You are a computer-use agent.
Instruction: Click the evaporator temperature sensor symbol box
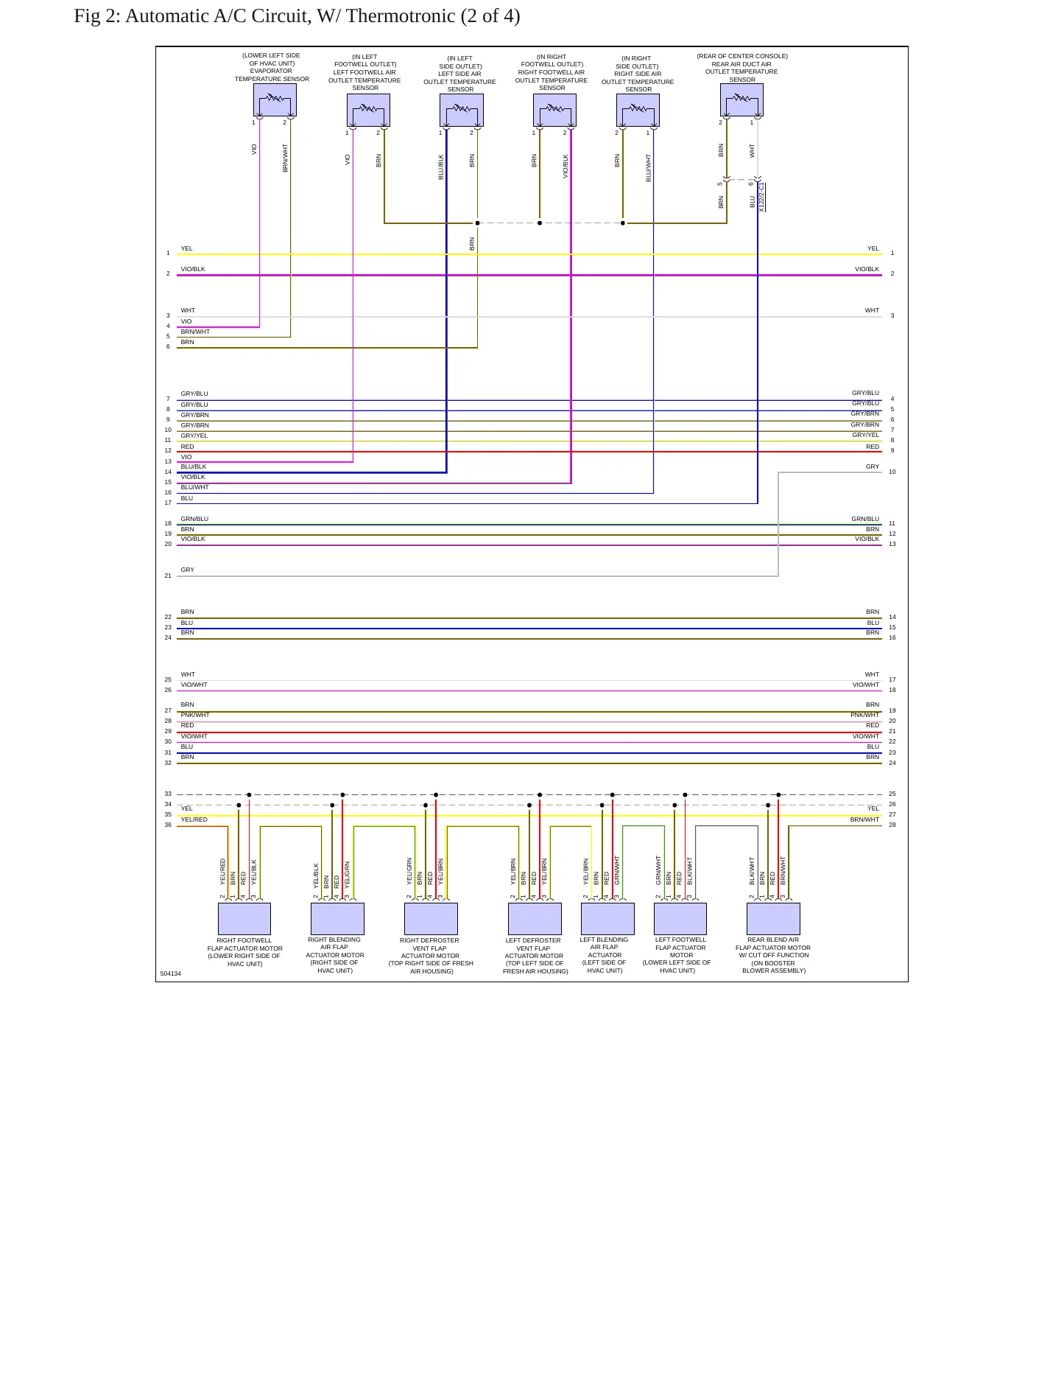(x=275, y=99)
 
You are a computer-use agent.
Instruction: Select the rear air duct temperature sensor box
(x=741, y=99)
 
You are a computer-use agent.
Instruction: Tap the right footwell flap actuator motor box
(x=244, y=919)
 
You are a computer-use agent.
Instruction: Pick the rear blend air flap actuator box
(x=773, y=919)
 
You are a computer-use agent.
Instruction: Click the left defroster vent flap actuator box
(x=535, y=919)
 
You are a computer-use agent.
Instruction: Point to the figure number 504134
(x=171, y=973)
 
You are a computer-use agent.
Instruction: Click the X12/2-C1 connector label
(x=761, y=197)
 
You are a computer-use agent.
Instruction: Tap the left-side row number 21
(x=168, y=576)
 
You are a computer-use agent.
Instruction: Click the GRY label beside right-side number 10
(x=873, y=466)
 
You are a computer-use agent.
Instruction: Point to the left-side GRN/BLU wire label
(x=194, y=519)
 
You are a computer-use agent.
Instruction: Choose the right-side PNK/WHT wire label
(x=865, y=715)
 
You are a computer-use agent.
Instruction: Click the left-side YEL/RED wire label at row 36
(x=194, y=819)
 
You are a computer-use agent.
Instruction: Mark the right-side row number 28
(x=892, y=825)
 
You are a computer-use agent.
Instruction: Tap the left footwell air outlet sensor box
(x=368, y=110)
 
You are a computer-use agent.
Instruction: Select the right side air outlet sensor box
(x=638, y=110)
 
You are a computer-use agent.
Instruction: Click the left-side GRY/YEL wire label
(x=194, y=436)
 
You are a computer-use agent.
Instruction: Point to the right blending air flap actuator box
(x=337, y=919)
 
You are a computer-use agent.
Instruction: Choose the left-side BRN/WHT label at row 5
(x=195, y=332)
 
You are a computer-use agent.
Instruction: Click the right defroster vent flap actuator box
(x=431, y=919)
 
